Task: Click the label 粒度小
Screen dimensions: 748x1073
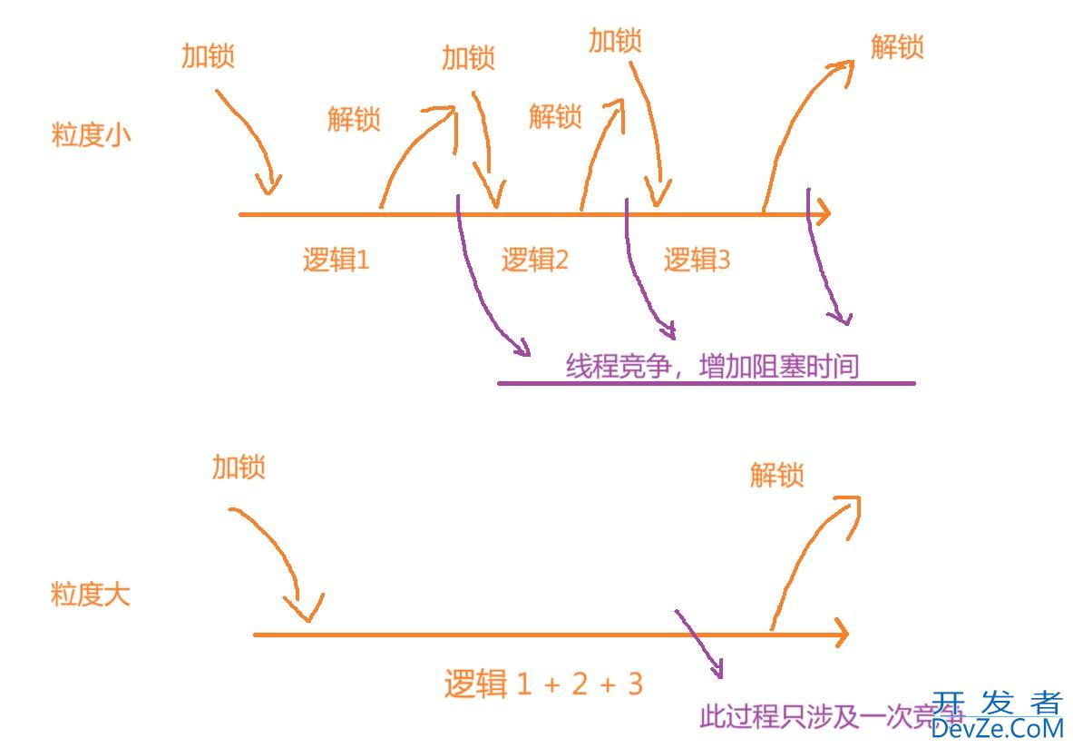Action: pyautogui.click(x=92, y=136)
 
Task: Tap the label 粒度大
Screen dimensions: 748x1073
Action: pyautogui.click(x=90, y=595)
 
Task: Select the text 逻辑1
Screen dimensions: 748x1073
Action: pyautogui.click(x=336, y=261)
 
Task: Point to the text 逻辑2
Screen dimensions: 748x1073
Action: pyautogui.click(x=535, y=261)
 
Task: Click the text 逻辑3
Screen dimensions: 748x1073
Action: pyautogui.click(x=697, y=261)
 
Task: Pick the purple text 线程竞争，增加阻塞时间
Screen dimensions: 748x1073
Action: pyautogui.click(x=712, y=366)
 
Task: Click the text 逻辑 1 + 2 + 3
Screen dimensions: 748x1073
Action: pyautogui.click(x=543, y=683)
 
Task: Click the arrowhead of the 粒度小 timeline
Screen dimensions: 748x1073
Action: pyautogui.click(x=821, y=215)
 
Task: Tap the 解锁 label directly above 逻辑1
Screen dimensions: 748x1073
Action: pyautogui.click(x=354, y=119)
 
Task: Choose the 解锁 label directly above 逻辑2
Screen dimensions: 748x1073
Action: pyautogui.click(x=554, y=116)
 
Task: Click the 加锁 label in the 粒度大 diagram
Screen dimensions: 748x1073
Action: pyautogui.click(x=239, y=467)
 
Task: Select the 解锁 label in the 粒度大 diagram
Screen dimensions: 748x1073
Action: pyautogui.click(x=777, y=474)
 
